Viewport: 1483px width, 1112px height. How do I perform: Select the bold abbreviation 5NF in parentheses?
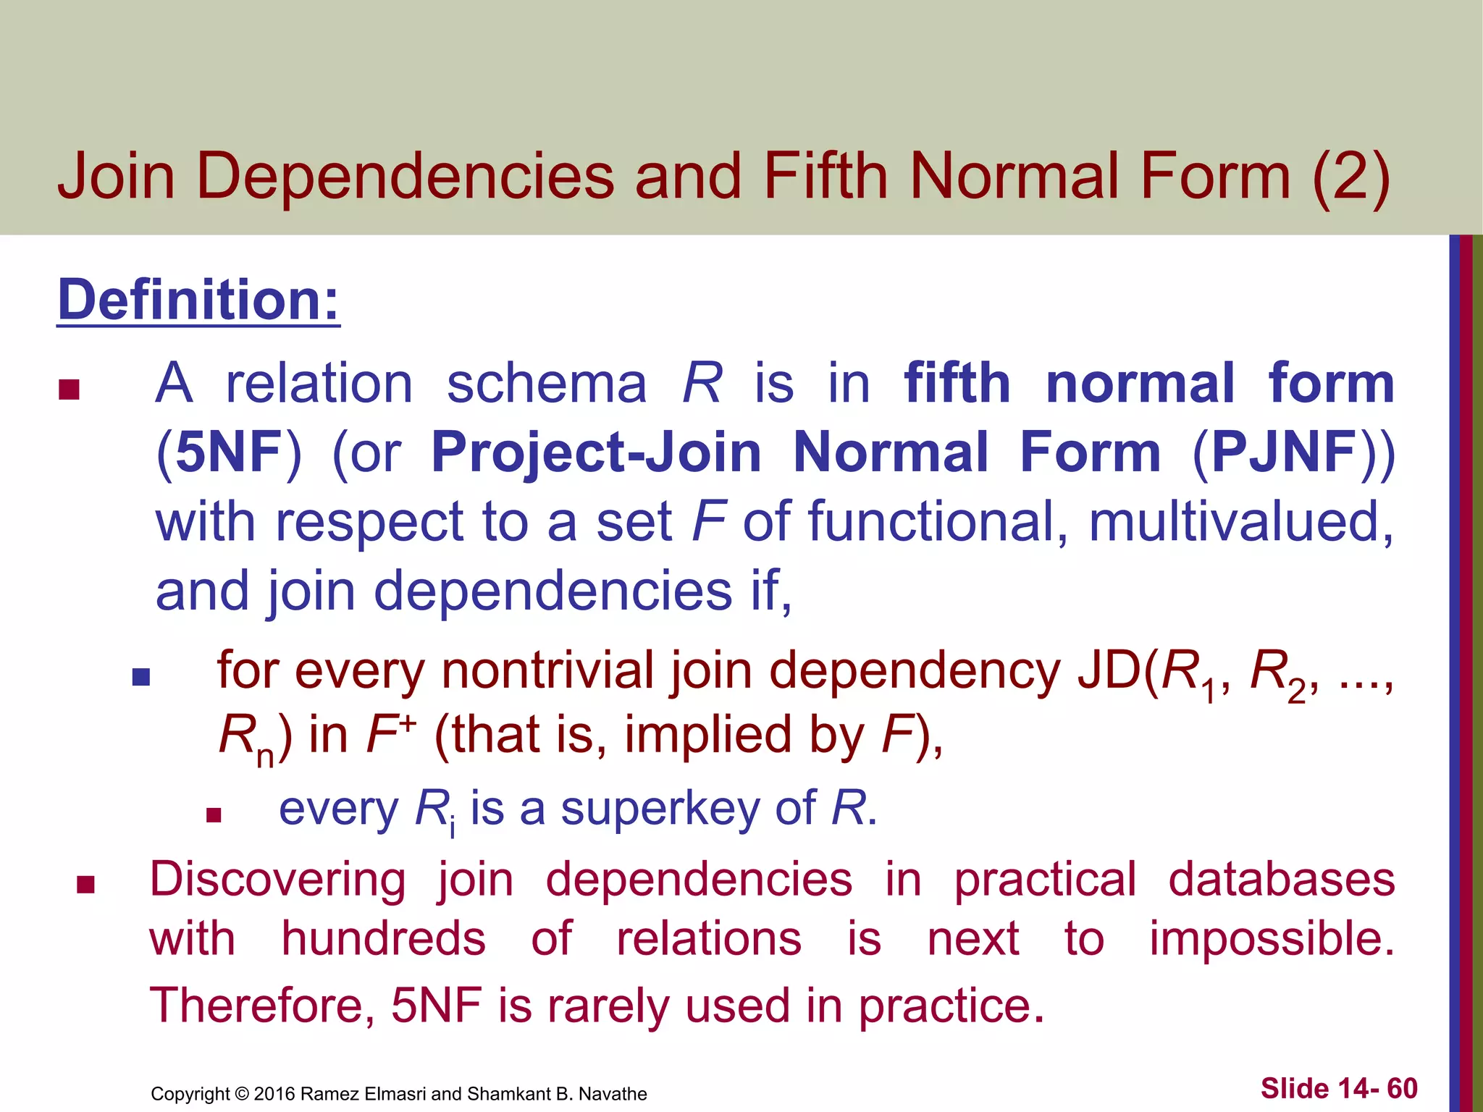(x=229, y=452)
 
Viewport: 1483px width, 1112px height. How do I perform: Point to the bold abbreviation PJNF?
(x=1284, y=452)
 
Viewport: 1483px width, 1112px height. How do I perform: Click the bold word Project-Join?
(x=596, y=452)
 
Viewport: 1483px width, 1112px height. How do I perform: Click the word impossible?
(x=1272, y=939)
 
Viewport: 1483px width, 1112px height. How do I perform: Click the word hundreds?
(x=383, y=939)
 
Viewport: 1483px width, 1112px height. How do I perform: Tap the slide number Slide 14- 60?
(x=1338, y=1088)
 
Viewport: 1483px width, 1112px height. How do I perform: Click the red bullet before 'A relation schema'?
(x=69, y=390)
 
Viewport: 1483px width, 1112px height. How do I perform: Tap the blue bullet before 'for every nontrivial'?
(x=141, y=677)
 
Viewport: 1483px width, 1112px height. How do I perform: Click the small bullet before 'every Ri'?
(x=213, y=816)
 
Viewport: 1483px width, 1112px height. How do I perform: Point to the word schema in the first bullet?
(x=546, y=383)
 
